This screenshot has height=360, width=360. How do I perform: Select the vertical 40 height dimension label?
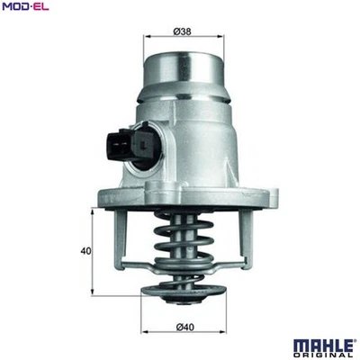(84, 252)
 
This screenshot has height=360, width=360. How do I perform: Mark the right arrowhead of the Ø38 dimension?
(221, 37)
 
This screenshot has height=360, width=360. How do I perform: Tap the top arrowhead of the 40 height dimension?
(94, 211)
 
